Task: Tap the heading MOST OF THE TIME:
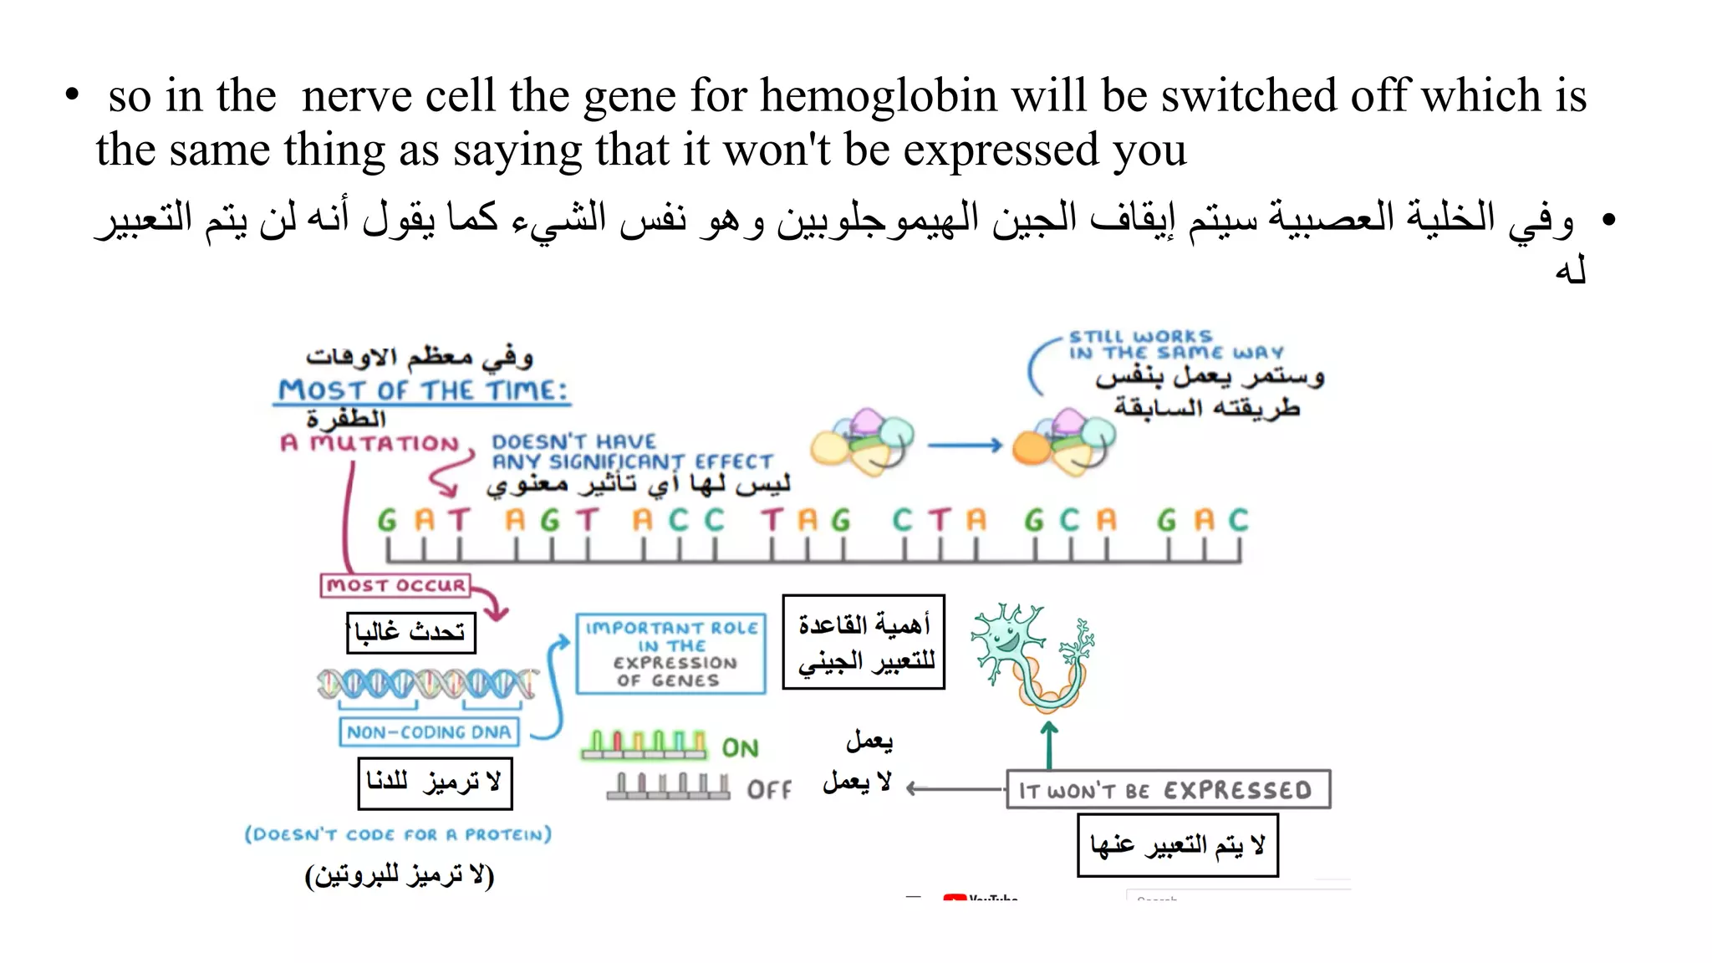[422, 391]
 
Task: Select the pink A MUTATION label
[370, 443]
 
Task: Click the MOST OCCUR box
[395, 585]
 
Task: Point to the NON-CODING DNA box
[429, 732]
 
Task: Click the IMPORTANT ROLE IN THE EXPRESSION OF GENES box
[670, 654]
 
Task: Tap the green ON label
[740, 748]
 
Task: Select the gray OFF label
[768, 790]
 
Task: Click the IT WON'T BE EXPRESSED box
[1167, 790]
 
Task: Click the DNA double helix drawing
[426, 684]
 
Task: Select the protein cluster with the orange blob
[1062, 443]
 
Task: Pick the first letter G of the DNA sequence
[387, 521]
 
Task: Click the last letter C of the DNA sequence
[1239, 521]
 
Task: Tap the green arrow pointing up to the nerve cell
[1049, 744]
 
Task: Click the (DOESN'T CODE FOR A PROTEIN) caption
[398, 834]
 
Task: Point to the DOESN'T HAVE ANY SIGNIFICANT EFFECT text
[631, 451]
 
